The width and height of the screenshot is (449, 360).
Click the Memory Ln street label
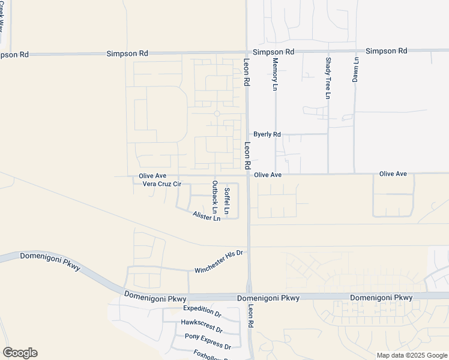276,74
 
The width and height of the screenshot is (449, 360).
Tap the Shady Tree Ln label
328,78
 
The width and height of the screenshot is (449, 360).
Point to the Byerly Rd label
267,134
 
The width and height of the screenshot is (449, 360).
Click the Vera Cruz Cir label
161,184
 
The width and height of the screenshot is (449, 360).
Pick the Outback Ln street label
214,195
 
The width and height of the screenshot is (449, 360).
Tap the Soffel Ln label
226,201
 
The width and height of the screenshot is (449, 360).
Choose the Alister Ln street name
206,216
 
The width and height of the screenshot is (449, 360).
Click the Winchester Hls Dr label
218,262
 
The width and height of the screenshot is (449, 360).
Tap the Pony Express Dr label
208,341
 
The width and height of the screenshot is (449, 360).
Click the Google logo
20,353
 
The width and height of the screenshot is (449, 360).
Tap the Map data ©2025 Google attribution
411,355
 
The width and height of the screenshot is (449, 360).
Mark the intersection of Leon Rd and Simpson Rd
247,53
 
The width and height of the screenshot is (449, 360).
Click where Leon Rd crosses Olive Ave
249,175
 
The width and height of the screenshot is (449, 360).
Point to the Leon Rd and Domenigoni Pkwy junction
249,297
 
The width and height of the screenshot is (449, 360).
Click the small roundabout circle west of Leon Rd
217,113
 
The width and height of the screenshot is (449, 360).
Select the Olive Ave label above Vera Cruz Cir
152,176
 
